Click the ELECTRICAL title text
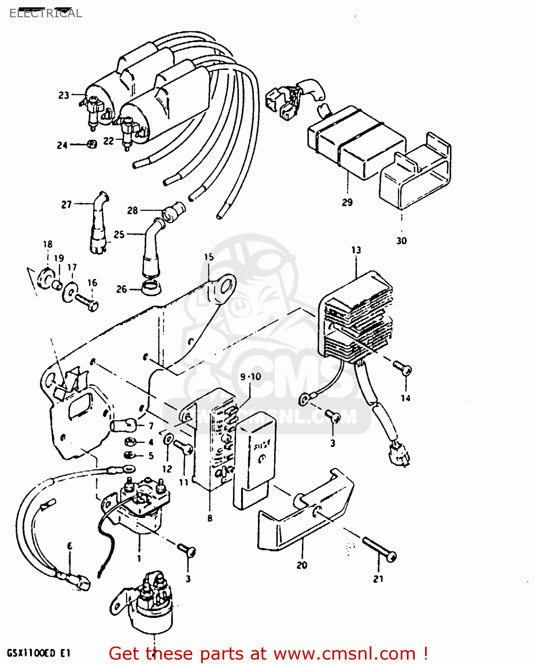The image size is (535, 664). (x=46, y=13)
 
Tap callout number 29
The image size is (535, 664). (x=347, y=202)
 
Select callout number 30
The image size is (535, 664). (x=401, y=241)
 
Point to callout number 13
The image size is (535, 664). (x=356, y=250)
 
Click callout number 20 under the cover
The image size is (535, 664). (x=302, y=565)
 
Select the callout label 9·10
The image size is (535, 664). (x=250, y=377)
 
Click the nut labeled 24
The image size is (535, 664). (x=92, y=144)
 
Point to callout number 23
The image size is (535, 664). (x=64, y=95)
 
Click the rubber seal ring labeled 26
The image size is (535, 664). (x=151, y=288)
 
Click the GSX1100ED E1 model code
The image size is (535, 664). (x=39, y=653)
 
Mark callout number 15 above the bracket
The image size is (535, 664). (x=209, y=257)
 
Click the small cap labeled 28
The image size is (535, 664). (x=173, y=210)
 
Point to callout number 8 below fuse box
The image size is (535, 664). (x=210, y=518)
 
